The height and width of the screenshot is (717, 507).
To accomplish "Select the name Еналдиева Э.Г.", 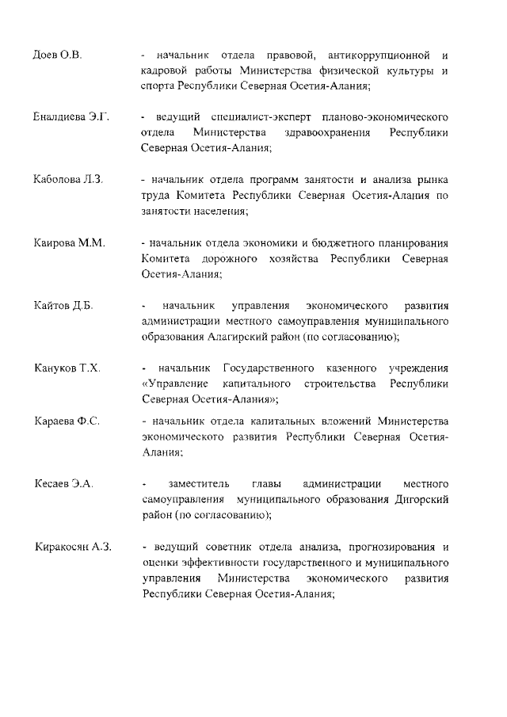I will point(72,118).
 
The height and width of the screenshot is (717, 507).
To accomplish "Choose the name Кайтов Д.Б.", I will point(63,306).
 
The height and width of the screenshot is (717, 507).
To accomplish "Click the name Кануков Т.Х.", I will point(67,368).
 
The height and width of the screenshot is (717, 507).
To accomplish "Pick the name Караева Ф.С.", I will point(67,420).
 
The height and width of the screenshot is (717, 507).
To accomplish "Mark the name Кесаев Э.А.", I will point(64,483).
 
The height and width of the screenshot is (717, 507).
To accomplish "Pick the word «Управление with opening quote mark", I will point(170,383).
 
